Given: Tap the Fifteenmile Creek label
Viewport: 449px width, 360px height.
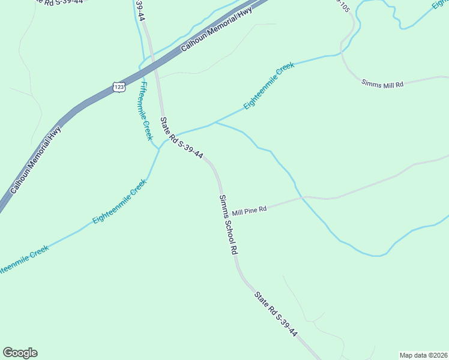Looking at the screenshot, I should (146, 111).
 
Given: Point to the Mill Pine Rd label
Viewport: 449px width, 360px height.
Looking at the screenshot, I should (249, 211).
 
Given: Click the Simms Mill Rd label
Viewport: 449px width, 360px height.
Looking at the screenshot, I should (382, 84).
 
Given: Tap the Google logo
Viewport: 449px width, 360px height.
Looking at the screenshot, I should (20, 353).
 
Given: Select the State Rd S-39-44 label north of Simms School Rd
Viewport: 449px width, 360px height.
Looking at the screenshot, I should (181, 139).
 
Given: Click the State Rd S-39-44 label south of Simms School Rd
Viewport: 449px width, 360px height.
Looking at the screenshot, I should (276, 314).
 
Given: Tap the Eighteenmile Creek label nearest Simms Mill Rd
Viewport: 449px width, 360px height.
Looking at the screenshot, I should (269, 86).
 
